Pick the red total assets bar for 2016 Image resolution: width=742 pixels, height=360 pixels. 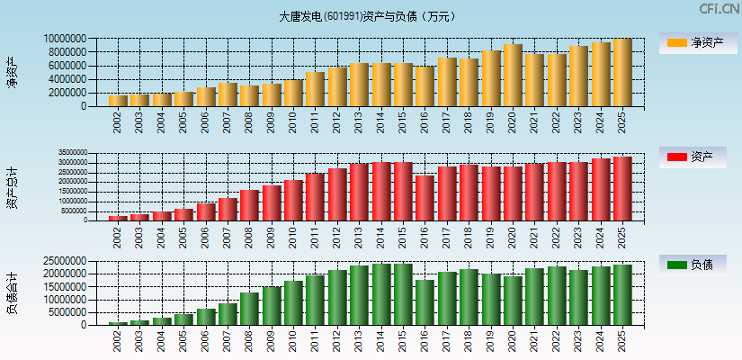pos(425,198)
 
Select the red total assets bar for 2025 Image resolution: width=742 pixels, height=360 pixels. pos(622,189)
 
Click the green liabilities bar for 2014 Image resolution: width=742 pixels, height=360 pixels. pos(380,294)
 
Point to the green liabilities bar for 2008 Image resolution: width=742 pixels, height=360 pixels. pos(249,309)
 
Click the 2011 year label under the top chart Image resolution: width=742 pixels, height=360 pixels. pos(315,121)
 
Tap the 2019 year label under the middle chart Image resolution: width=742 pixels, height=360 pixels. pos(491,236)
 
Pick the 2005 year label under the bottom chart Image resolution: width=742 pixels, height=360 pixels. pos(183,340)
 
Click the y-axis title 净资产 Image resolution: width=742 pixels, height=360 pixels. pos(12,72)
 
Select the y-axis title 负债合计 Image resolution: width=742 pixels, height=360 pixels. pos(12,292)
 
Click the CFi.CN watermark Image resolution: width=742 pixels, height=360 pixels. pos(720,8)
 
